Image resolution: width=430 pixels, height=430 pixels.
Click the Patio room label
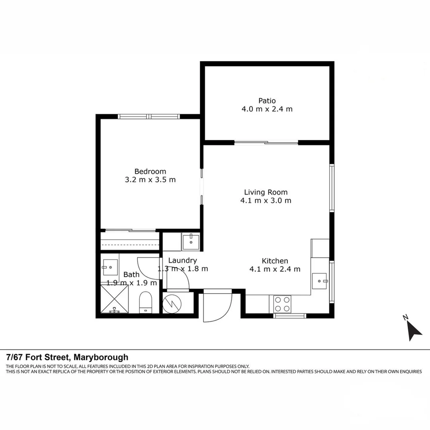pyautogui.click(x=267, y=101)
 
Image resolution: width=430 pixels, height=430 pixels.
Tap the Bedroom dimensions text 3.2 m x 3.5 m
pyautogui.click(x=150, y=180)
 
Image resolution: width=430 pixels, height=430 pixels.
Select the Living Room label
pyautogui.click(x=266, y=192)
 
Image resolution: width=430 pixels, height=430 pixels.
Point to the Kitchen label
pyautogui.click(x=275, y=261)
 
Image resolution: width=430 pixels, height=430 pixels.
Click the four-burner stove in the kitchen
pyautogui.click(x=281, y=304)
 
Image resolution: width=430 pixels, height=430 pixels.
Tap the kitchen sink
pyautogui.click(x=321, y=281)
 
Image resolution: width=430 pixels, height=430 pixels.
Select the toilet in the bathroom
pyautogui.click(x=145, y=302)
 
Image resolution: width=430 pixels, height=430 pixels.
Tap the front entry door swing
pyautogui.click(x=217, y=306)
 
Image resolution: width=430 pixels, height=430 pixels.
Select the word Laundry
pyautogui.click(x=182, y=260)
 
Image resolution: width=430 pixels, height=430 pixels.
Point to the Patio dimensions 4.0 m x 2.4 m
pyautogui.click(x=267, y=109)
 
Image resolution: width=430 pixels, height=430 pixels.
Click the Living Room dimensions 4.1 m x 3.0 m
pyautogui.click(x=266, y=201)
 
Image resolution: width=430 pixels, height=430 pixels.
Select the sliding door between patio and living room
pyautogui.click(x=266, y=143)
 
